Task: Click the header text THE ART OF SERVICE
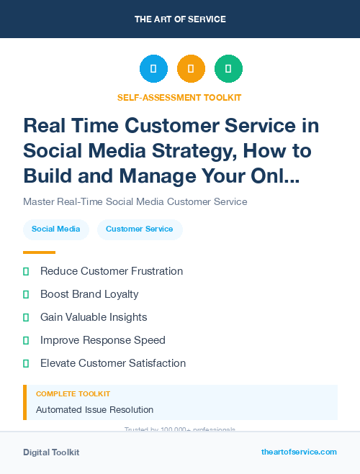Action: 180,19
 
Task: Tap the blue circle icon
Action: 153,69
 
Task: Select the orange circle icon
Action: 191,69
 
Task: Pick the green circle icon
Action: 228,69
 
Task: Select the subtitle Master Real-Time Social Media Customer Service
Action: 135,201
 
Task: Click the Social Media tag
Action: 56,229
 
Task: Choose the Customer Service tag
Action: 140,229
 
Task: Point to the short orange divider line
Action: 39,252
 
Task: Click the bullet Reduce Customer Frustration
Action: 112,271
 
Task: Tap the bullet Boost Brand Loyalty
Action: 89,294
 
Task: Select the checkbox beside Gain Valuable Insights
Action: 26,317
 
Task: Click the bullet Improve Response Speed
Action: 103,340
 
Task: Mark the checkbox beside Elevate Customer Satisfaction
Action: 26,363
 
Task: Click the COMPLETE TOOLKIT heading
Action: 73,394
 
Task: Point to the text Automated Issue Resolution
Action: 94,410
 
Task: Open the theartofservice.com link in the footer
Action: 299,452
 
